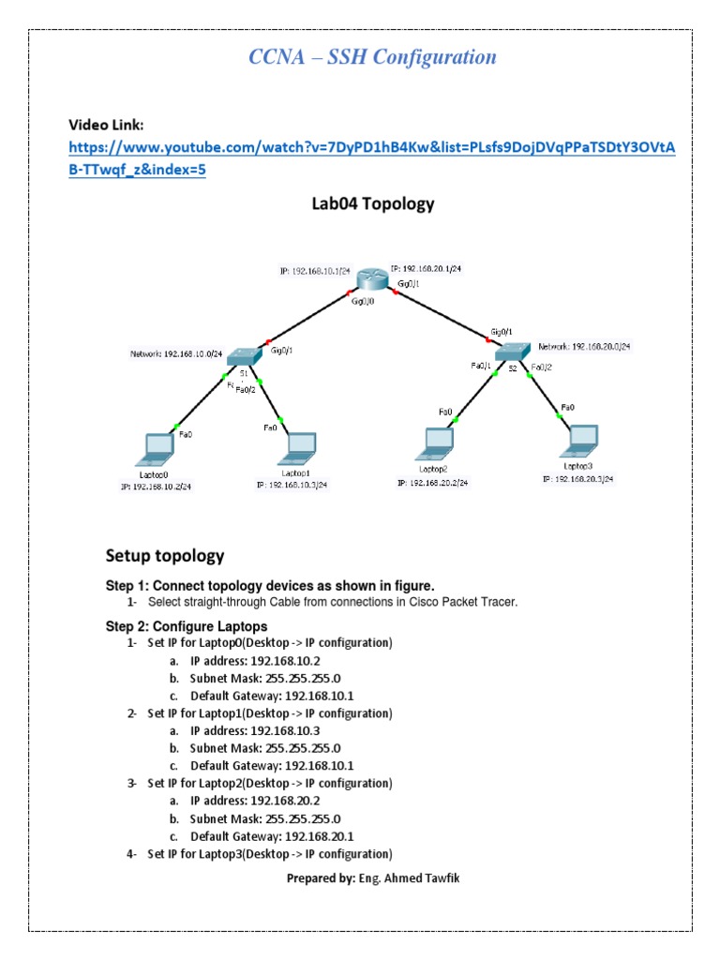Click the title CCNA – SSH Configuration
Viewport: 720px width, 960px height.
[372, 57]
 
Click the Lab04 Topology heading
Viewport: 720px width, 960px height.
[372, 203]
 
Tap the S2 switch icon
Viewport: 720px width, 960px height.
[513, 351]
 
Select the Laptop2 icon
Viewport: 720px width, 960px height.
[438, 442]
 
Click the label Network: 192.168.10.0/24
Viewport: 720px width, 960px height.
[176, 354]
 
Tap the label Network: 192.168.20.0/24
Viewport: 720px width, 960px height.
[584, 346]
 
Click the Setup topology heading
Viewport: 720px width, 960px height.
[165, 556]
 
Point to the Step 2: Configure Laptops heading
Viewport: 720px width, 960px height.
[187, 626]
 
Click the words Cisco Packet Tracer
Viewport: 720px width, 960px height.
[461, 602]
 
